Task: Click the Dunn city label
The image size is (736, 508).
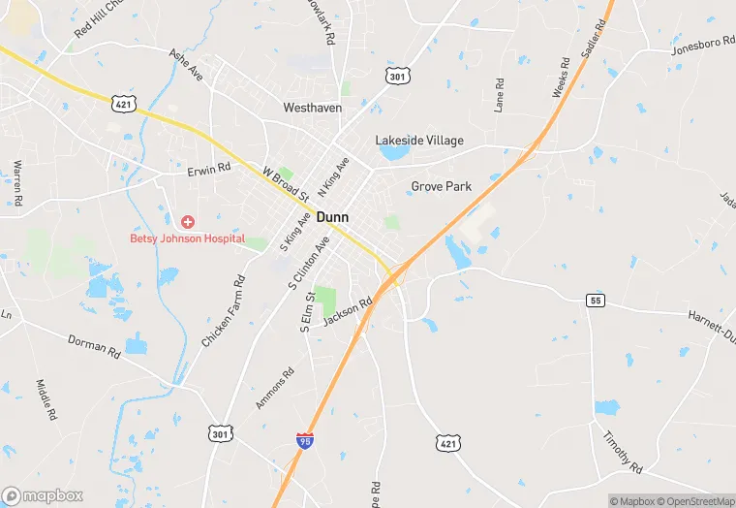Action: (x=332, y=218)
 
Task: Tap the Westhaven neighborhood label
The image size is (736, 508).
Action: (x=312, y=108)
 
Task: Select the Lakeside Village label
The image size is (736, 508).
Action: (x=419, y=141)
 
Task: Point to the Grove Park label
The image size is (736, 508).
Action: (x=441, y=186)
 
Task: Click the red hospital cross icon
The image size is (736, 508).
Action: (x=188, y=222)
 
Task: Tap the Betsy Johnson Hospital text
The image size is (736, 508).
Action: (x=188, y=238)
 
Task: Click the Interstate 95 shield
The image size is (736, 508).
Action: (x=305, y=442)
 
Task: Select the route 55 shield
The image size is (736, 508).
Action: (x=595, y=301)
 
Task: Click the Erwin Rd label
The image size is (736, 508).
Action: (x=209, y=169)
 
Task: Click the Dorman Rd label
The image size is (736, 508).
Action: (x=93, y=346)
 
